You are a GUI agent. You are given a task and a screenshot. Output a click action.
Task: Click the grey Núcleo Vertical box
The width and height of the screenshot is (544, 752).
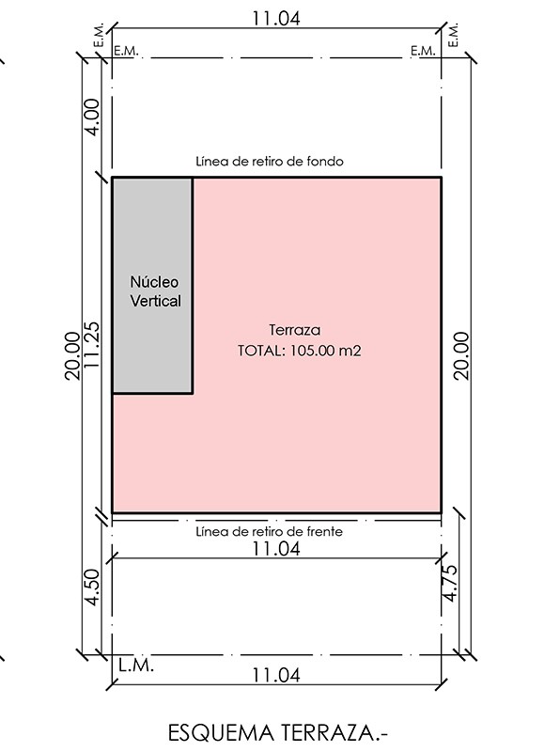153,286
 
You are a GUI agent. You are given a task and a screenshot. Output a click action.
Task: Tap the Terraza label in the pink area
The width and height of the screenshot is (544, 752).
295,330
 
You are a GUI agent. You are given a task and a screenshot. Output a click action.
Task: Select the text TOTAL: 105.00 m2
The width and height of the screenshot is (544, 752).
299,351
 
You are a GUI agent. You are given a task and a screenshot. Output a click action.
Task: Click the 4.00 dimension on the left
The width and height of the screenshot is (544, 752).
91,117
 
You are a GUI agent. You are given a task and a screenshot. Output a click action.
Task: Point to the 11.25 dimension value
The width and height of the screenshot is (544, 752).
91,345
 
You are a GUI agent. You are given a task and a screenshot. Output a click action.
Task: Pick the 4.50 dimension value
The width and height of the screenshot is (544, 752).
91,587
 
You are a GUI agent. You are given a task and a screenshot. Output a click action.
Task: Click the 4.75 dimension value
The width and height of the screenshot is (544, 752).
450,583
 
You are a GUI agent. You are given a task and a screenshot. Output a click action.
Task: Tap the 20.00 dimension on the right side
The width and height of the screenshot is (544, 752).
461,356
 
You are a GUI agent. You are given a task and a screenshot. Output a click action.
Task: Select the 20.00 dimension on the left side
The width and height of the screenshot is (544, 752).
72,356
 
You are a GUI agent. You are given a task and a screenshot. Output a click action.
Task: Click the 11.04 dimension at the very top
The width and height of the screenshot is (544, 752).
276,18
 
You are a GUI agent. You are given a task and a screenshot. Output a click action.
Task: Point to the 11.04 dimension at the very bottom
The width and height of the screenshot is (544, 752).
276,675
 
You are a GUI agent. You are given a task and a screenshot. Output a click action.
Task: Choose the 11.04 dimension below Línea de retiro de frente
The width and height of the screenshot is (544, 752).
276,548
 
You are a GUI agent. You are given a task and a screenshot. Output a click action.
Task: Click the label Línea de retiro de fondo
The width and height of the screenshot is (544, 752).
270,161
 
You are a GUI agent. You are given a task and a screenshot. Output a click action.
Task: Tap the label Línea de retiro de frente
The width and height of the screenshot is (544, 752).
270,531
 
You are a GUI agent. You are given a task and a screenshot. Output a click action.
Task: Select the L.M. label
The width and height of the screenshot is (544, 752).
136,666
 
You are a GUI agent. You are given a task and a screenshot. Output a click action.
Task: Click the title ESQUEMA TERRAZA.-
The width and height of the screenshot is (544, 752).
278,732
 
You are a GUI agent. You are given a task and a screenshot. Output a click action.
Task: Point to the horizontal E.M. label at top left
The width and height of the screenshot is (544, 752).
126,51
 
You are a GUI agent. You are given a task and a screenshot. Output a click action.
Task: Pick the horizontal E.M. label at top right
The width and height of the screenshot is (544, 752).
423,51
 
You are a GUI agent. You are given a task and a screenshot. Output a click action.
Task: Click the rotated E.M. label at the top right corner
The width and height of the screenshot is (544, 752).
454,35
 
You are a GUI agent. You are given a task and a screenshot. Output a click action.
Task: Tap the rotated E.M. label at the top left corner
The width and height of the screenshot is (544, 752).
99,35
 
